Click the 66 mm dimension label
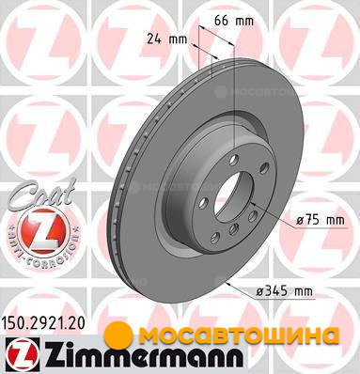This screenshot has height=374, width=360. [234, 21]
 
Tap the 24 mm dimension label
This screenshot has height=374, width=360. [167, 39]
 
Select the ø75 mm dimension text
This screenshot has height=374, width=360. [321, 220]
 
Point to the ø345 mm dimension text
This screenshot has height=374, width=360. [285, 292]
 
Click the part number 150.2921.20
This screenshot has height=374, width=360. [44, 323]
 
